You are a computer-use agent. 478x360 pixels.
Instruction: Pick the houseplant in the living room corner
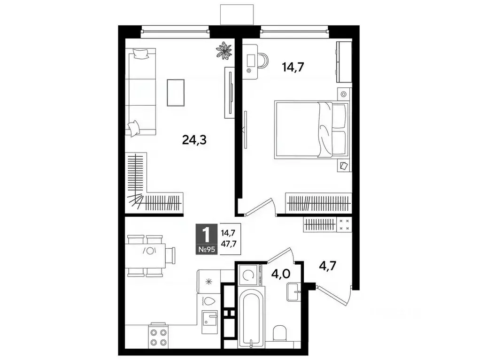coord(224,51)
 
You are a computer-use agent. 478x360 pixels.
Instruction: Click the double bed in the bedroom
coord(311,130)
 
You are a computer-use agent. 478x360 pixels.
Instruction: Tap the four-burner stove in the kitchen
coord(158,337)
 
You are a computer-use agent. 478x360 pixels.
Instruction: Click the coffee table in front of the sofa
coord(176,92)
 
